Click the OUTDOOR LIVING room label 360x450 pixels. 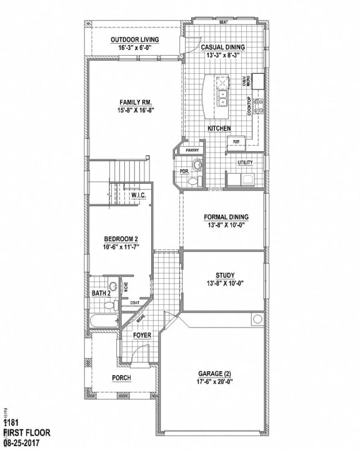[x=135, y=39]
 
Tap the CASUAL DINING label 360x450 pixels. [x=222, y=47]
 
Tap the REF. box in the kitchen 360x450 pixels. [x=237, y=142]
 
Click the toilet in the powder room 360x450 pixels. [x=197, y=165]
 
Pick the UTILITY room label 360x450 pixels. [x=245, y=162]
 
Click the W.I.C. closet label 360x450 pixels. [x=138, y=196]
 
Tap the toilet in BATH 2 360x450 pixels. [x=112, y=305]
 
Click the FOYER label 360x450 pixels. [x=142, y=336]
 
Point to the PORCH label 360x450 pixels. [x=121, y=377]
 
